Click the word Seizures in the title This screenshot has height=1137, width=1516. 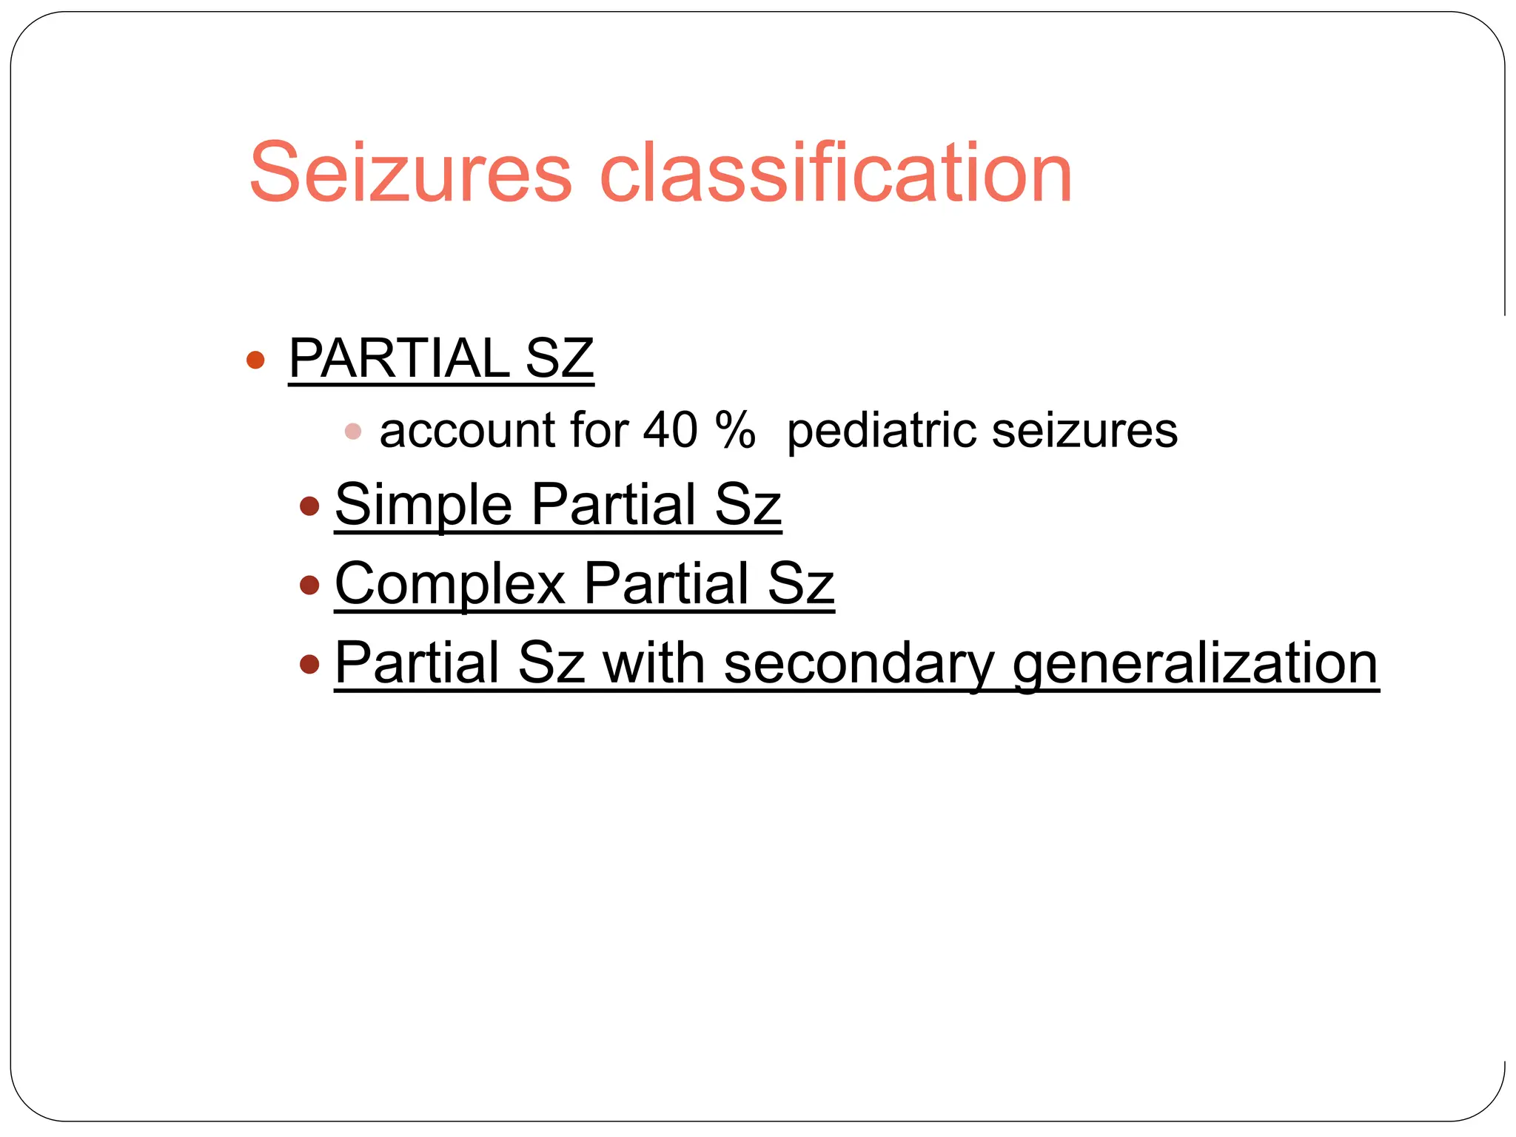[411, 174]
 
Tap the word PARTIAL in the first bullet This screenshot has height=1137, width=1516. [398, 359]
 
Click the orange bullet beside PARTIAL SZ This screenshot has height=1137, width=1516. [255, 360]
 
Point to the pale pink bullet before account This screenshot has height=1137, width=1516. [353, 432]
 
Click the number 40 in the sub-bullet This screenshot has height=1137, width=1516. [670, 430]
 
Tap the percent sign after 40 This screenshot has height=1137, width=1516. [735, 430]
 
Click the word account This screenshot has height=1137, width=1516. [467, 432]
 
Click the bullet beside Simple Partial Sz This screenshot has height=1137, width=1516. [309, 507]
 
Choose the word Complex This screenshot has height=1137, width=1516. [450, 585]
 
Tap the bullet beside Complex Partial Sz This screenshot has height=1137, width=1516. [309, 586]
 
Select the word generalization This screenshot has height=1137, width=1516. [1195, 665]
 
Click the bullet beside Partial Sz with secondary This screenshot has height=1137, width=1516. [309, 664]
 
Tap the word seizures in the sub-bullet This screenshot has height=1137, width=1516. [1084, 432]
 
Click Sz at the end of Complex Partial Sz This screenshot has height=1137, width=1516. [801, 585]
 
